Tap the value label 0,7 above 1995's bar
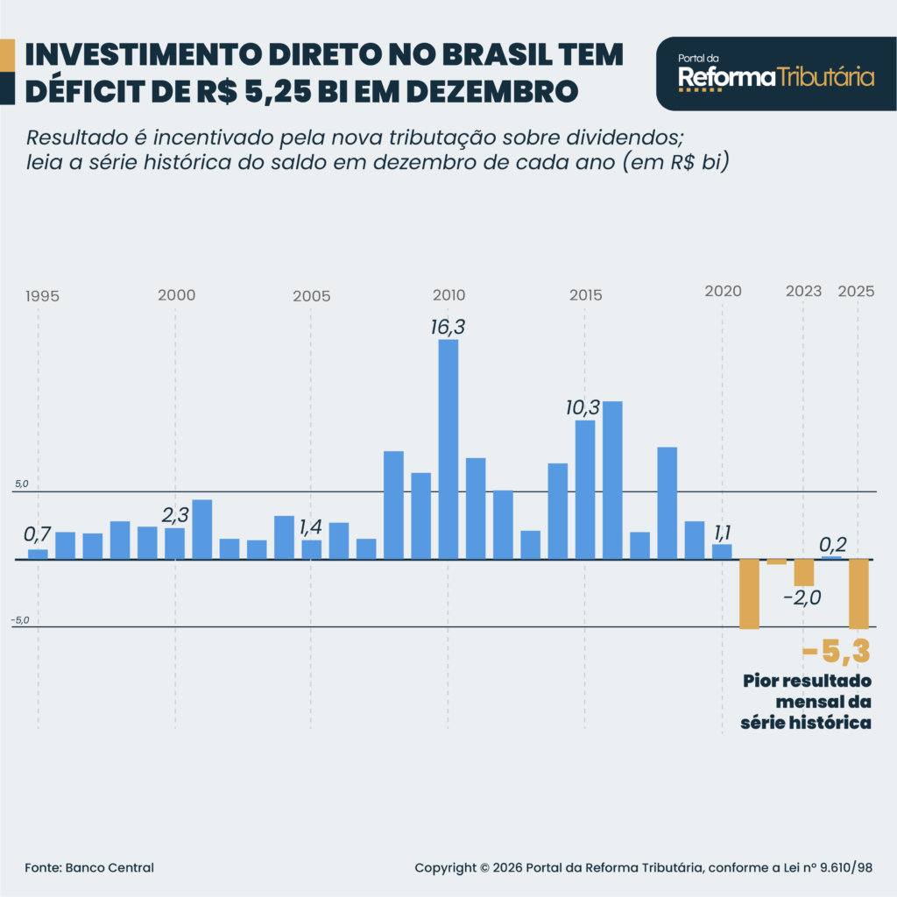(38, 533)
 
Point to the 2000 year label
(176, 295)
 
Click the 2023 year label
(804, 291)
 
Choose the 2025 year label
(856, 291)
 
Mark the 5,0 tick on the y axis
(21, 484)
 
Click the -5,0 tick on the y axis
(20, 620)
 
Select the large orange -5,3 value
(836, 653)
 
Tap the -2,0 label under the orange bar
(802, 598)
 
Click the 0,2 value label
(831, 545)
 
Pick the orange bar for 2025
(858, 593)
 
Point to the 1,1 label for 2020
(723, 532)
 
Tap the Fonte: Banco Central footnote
(89, 867)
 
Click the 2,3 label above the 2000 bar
(176, 515)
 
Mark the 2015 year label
(585, 295)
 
